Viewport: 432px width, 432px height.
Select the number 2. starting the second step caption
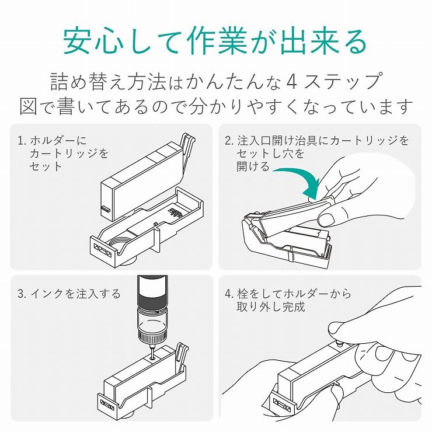[229, 141]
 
